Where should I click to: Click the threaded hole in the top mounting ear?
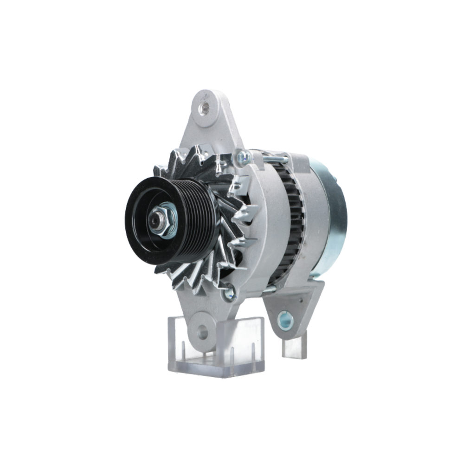click(x=203, y=109)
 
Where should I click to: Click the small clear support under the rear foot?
click(x=294, y=348)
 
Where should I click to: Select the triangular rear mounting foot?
click(x=297, y=306)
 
